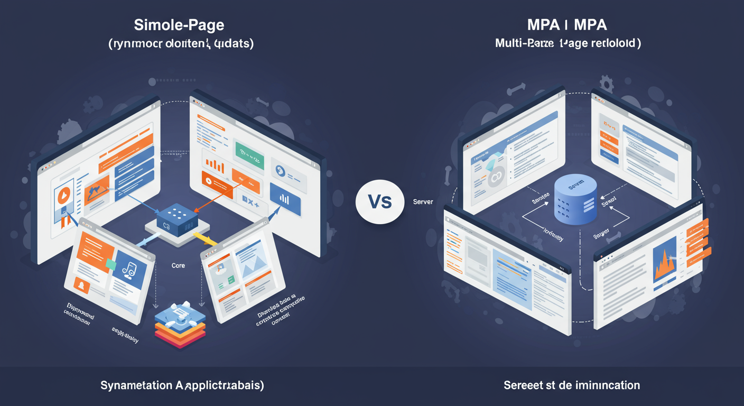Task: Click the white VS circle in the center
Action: (380, 201)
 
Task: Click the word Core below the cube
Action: (178, 265)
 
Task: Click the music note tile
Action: (129, 268)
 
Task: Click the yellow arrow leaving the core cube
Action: (207, 239)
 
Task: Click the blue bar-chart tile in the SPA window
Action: (284, 199)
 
